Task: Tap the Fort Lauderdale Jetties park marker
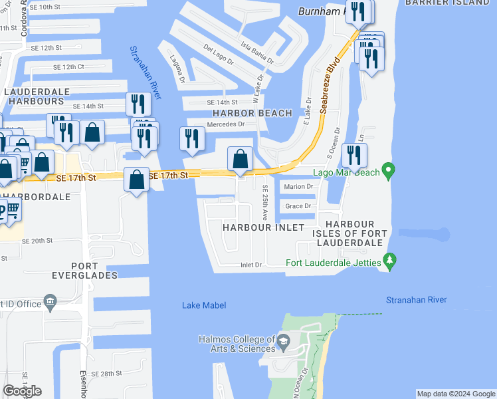click(x=391, y=260)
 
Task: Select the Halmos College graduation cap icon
click(x=283, y=343)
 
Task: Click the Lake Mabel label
click(x=204, y=305)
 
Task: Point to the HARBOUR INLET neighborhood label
click(x=263, y=227)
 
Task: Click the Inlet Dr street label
click(x=251, y=265)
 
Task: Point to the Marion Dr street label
click(x=298, y=187)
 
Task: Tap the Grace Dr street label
click(x=298, y=206)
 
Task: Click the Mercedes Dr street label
click(x=226, y=124)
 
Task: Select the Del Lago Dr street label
click(x=219, y=53)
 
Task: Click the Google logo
click(x=22, y=391)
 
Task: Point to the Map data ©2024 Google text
click(x=455, y=394)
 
